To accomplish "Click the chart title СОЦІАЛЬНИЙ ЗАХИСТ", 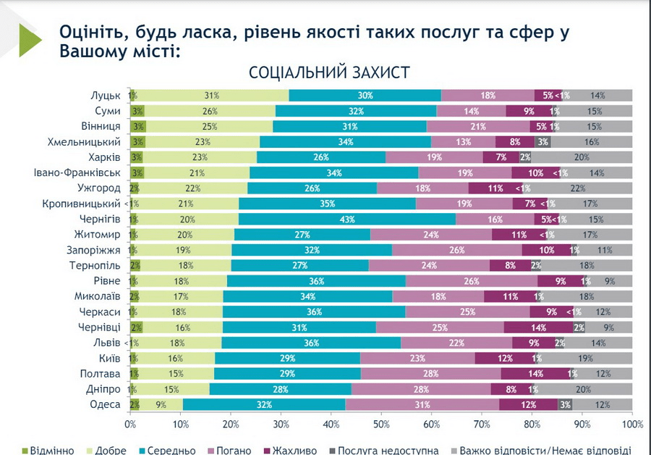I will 329,73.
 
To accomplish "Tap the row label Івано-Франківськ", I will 80,172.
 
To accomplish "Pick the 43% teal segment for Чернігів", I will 347,219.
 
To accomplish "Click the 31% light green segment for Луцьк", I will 211,96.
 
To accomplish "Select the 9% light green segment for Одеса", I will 160,404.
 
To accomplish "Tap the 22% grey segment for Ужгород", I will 597,188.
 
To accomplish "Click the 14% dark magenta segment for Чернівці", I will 538,327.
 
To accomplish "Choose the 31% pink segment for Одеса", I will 422,404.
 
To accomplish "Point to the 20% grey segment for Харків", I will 582,157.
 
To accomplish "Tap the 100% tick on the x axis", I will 631,423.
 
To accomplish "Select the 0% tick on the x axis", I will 131,423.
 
